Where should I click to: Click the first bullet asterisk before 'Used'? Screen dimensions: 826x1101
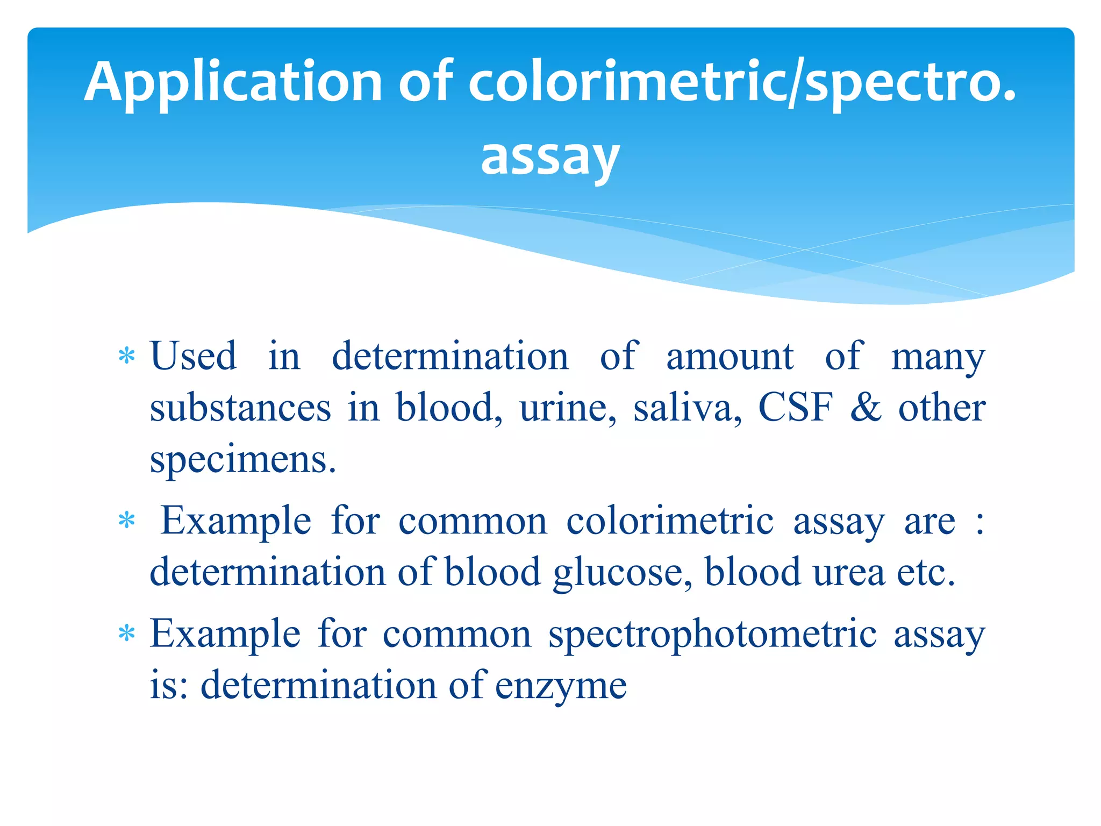[x=126, y=357]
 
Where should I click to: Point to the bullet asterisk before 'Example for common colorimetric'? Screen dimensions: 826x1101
[x=126, y=521]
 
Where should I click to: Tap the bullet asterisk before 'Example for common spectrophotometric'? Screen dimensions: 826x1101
[x=126, y=634]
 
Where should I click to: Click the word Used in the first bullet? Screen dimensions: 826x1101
[x=193, y=357]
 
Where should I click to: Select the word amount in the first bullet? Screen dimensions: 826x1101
[x=730, y=357]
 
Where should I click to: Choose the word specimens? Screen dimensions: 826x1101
[x=243, y=460]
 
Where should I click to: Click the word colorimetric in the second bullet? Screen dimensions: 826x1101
[x=670, y=521]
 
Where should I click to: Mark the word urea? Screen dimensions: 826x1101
[x=848, y=572]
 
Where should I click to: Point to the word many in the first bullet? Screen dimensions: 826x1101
[x=938, y=357]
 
